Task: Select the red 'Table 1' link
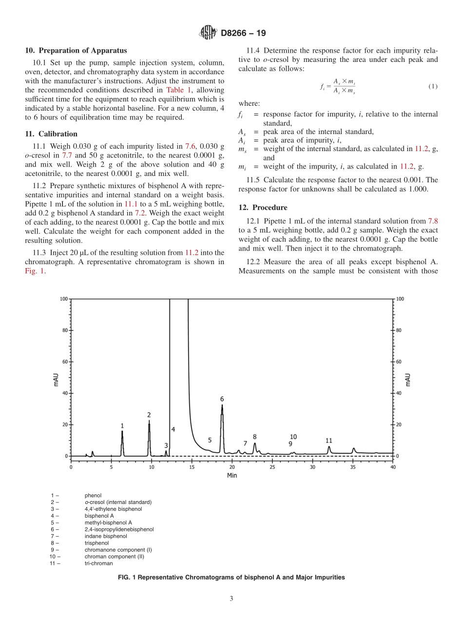click(179, 90)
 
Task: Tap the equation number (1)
click(433, 86)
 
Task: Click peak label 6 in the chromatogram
click(222, 399)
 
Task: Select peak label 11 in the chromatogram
click(329, 441)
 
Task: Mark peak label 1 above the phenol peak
click(122, 426)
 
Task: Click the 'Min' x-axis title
click(232, 475)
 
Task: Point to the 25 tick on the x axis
click(272, 467)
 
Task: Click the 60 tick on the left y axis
click(64, 362)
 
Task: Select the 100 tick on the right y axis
click(401, 299)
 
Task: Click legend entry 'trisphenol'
click(96, 542)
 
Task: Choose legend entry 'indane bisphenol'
click(105, 536)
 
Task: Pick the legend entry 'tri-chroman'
click(98, 563)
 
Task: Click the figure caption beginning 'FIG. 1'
click(231, 577)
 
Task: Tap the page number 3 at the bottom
click(231, 599)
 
